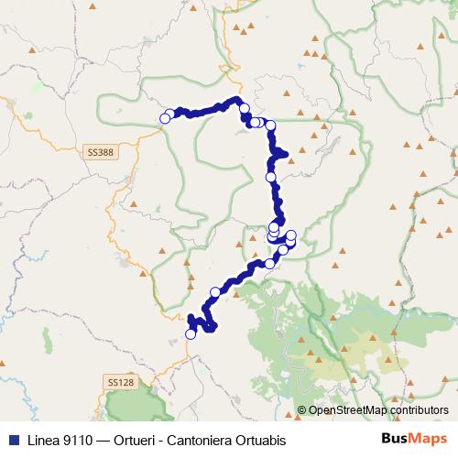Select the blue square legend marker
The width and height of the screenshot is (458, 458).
click(x=13, y=440)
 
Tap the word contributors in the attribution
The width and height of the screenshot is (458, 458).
click(x=420, y=409)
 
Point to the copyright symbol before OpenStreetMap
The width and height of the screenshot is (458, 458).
click(x=301, y=409)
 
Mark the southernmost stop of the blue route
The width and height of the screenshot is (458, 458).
click(x=191, y=334)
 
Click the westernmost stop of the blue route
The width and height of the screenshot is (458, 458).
click(x=165, y=117)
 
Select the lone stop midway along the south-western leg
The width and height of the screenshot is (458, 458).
click(x=215, y=292)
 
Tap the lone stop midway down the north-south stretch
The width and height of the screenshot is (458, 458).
click(x=270, y=177)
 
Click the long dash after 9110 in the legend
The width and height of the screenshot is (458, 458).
click(x=118, y=440)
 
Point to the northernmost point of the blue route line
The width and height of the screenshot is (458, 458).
click(x=237, y=99)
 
